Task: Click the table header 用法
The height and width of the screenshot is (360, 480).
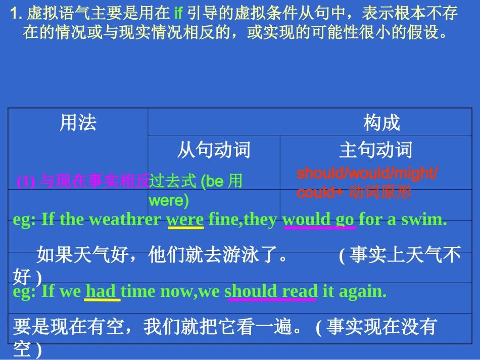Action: [x=78, y=123]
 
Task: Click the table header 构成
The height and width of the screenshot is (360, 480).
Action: [x=381, y=123]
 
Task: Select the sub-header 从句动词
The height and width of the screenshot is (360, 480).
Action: [x=214, y=150]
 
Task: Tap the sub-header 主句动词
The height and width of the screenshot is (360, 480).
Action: [x=375, y=150]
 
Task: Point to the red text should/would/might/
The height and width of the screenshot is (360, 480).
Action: [x=367, y=173]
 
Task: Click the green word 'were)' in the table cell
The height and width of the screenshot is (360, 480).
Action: [x=168, y=201]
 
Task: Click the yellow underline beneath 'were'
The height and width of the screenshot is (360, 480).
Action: [x=185, y=228]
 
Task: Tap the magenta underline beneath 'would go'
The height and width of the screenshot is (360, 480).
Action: [x=319, y=228]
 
